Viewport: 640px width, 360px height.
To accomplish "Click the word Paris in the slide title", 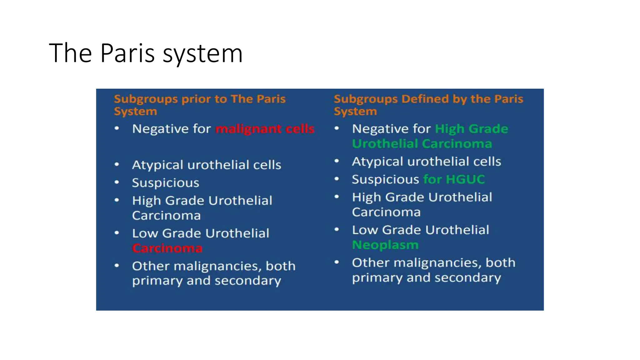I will pyautogui.click(x=127, y=53).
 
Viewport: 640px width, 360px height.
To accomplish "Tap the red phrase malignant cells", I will pyautogui.click(x=265, y=129).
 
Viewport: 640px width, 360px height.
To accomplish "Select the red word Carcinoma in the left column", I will pyautogui.click(x=167, y=248).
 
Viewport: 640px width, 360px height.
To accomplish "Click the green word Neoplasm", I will pyautogui.click(x=385, y=245).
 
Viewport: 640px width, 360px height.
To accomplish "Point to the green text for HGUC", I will pyautogui.click(x=454, y=179).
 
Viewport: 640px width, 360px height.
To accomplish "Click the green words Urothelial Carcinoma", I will pyautogui.click(x=422, y=144).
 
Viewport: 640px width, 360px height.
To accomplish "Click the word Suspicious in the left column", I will pyautogui.click(x=165, y=183).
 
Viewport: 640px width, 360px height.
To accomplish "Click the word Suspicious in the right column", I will pyautogui.click(x=385, y=179).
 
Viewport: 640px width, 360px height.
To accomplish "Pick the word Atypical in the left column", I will pyautogui.click(x=157, y=165).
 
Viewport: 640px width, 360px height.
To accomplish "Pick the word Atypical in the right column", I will pyautogui.click(x=377, y=162).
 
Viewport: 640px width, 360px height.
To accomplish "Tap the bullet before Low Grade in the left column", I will pyautogui.click(x=117, y=233).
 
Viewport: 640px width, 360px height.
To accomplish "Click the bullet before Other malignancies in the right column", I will pyautogui.click(x=337, y=262).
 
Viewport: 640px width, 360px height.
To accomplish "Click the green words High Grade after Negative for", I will pyautogui.click(x=471, y=129).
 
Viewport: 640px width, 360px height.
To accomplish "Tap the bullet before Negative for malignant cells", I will pyautogui.click(x=117, y=128).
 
